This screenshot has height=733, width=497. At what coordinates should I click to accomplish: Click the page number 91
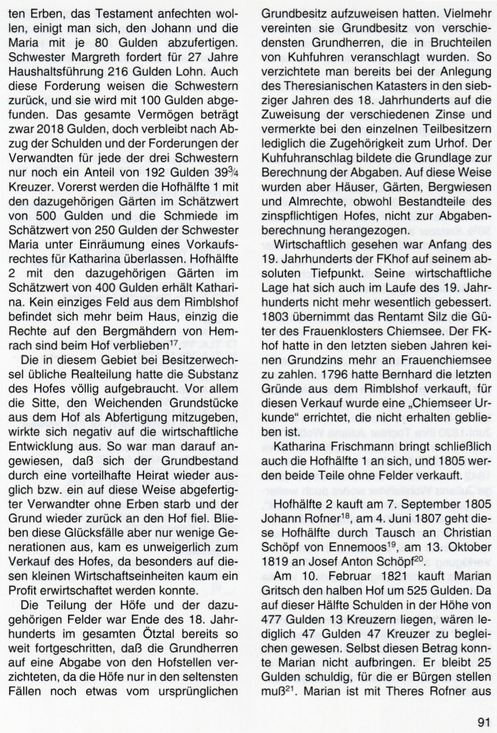484,721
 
